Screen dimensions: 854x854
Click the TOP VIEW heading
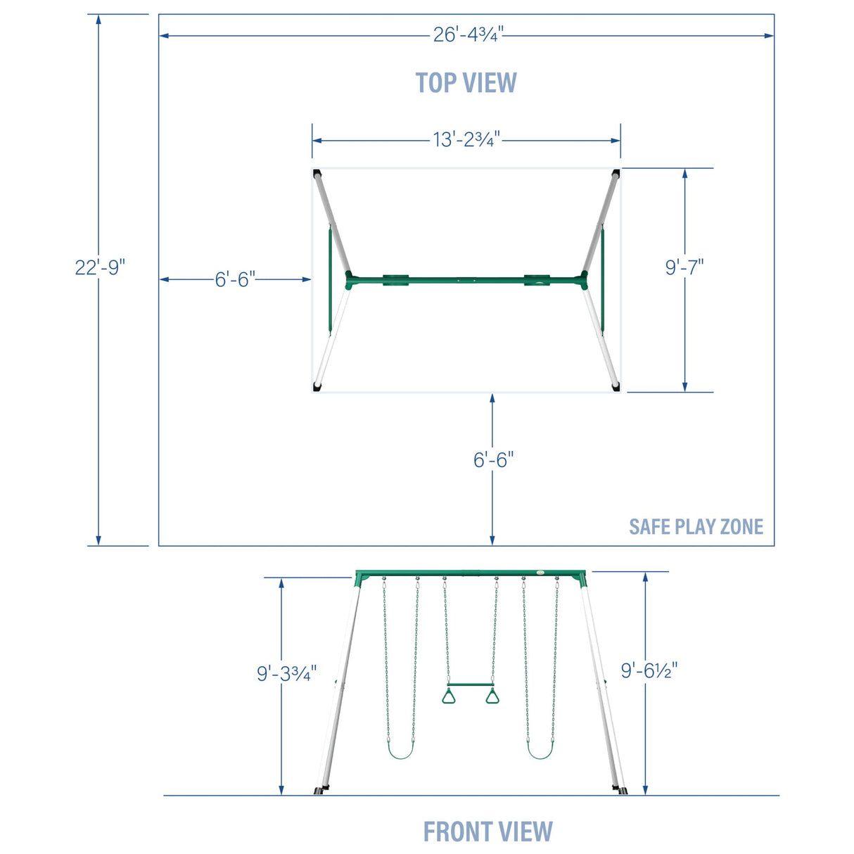pyautogui.click(x=466, y=82)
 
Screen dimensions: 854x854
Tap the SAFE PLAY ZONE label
pyautogui.click(x=696, y=526)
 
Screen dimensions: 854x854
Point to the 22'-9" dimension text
pyautogui.click(x=100, y=268)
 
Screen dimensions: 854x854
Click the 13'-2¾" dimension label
pyautogui.click(x=466, y=139)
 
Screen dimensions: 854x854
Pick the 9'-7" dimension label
pyautogui.click(x=684, y=267)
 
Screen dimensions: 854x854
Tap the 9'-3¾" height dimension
pyautogui.click(x=287, y=673)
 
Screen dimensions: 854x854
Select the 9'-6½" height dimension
pyautogui.click(x=649, y=670)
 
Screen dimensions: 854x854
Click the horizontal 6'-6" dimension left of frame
pyautogui.click(x=236, y=280)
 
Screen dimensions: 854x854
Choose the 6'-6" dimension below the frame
pyautogui.click(x=493, y=459)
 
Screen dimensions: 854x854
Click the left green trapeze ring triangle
pyautogui.click(x=449, y=697)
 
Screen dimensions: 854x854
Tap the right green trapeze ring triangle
pyautogui.click(x=492, y=697)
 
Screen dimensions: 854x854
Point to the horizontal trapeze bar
pyautogui.click(x=470, y=684)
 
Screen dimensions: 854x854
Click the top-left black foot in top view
pyautogui.click(x=317, y=173)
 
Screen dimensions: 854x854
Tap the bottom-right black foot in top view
pyautogui.click(x=616, y=388)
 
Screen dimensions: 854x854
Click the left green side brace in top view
pyautogui.click(x=330, y=279)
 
